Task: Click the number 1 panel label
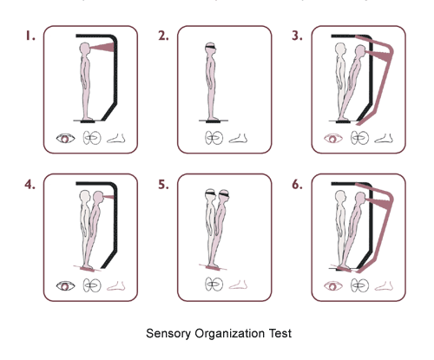point(30,36)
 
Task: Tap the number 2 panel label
point(163,36)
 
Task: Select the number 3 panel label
point(297,36)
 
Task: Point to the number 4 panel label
point(30,184)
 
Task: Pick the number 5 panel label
point(163,184)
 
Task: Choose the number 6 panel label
point(297,184)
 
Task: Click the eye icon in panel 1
point(65,139)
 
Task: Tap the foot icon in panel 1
point(116,139)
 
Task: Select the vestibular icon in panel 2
point(214,138)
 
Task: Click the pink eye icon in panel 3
point(333,139)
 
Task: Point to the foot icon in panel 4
point(116,285)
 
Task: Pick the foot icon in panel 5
point(238,285)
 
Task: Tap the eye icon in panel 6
point(333,286)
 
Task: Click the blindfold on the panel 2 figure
point(211,47)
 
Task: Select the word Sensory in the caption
point(168,333)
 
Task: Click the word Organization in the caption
point(229,334)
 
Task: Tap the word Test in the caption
point(279,333)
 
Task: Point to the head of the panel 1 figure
point(85,49)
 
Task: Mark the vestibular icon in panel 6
point(359,285)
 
